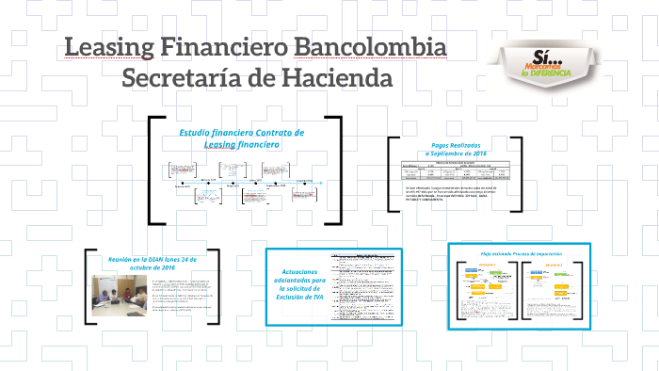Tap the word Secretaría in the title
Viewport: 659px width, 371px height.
tap(178, 78)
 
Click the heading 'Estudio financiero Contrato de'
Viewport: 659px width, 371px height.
tap(242, 133)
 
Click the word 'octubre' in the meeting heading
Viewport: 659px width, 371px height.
tap(135, 268)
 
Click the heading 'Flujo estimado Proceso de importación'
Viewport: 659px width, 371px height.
tap(520, 254)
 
